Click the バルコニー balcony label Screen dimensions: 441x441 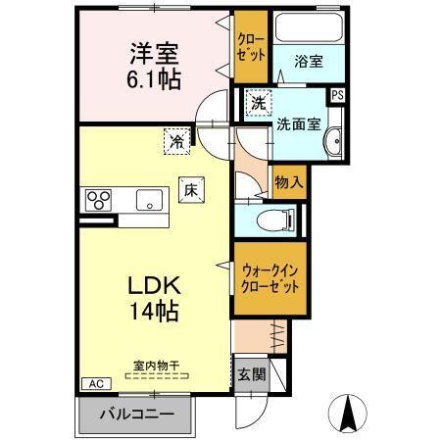[138, 415]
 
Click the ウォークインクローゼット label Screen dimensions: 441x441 [269, 280]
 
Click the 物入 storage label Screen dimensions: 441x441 [287, 182]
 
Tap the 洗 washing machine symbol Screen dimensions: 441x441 [257, 103]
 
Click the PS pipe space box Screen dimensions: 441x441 [337, 95]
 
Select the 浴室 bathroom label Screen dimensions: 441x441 [309, 61]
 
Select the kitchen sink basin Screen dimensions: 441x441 [149, 200]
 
